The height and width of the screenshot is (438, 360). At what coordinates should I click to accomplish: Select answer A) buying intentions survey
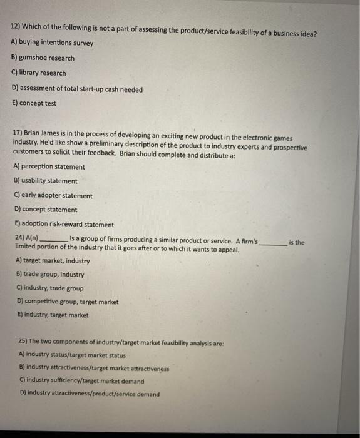pos(52,43)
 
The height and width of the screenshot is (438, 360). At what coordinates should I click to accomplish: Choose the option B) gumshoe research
pos(43,58)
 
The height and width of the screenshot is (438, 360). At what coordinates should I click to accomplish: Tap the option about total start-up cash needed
pos(77,89)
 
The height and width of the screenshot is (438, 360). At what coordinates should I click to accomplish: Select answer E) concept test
pos(34,104)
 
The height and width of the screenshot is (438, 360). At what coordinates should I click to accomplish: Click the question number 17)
pos(17,134)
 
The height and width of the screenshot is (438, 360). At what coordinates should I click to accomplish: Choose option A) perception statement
pos(49,167)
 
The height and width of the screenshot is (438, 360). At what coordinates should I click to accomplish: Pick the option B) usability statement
pos(46,181)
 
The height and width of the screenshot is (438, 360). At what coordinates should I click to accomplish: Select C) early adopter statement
pos(52,196)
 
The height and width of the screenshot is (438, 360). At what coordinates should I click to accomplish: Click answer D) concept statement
pos(45,210)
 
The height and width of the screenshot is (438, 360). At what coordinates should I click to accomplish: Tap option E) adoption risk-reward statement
pos(63,225)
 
